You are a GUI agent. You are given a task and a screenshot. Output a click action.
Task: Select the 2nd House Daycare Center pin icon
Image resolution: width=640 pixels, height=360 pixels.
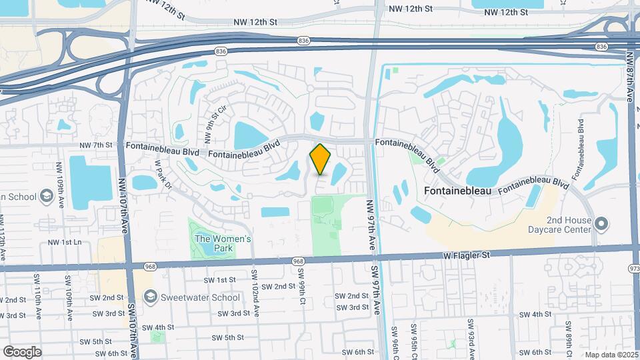pos(601,224)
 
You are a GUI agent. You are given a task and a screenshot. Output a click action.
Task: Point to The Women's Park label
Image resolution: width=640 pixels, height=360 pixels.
pos(222,243)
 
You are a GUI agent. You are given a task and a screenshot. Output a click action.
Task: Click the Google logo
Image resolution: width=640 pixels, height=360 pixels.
pos(22,351)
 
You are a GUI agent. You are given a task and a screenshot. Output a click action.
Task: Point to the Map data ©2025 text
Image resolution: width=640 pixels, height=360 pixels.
pos(611,355)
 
